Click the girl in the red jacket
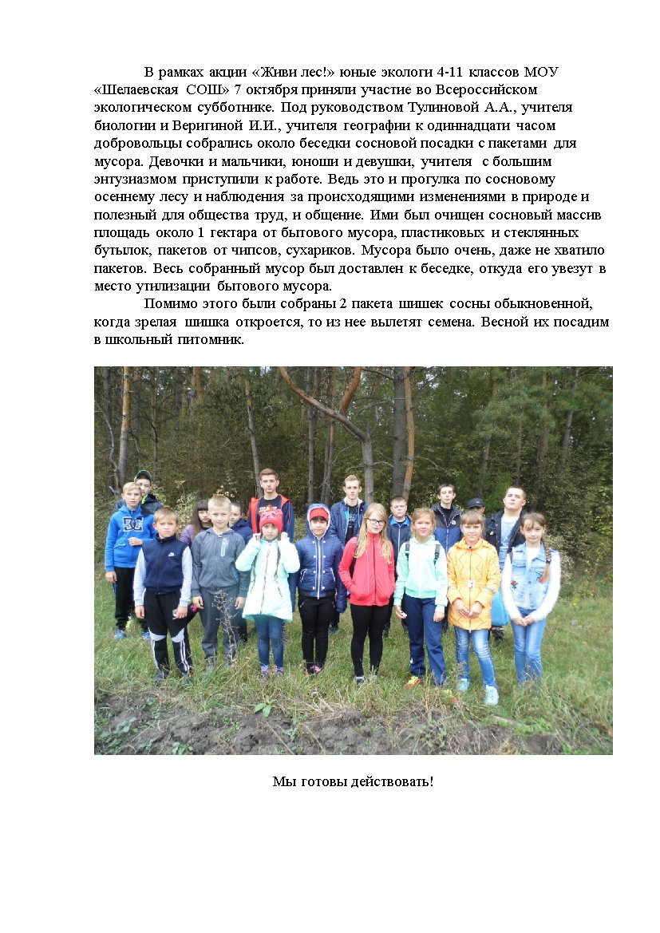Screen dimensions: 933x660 367,575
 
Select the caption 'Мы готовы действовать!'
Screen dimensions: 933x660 353,781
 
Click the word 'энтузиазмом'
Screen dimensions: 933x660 132,161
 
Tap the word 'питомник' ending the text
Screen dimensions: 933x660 215,339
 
